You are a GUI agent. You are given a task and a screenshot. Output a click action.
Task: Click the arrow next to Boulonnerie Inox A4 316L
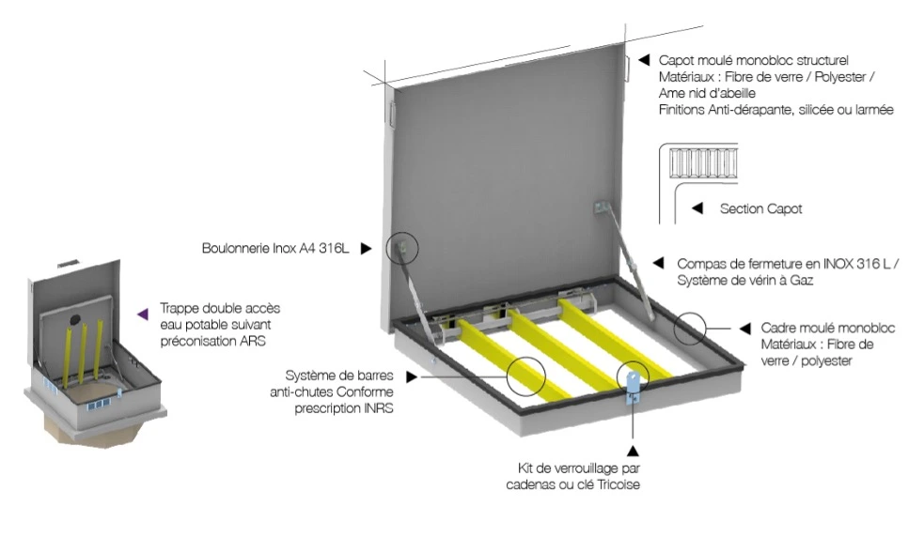(367, 250)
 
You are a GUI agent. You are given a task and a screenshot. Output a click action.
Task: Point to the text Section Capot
(760, 208)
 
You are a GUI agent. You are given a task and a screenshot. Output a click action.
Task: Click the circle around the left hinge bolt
(405, 250)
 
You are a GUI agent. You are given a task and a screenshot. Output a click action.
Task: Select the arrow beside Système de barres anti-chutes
(414, 376)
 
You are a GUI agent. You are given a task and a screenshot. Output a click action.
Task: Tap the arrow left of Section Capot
(697, 208)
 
